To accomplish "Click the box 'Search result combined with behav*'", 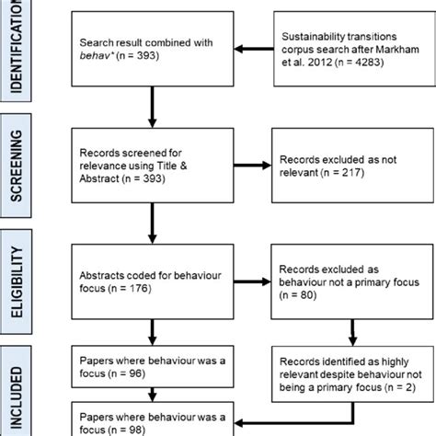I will coord(152,50).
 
